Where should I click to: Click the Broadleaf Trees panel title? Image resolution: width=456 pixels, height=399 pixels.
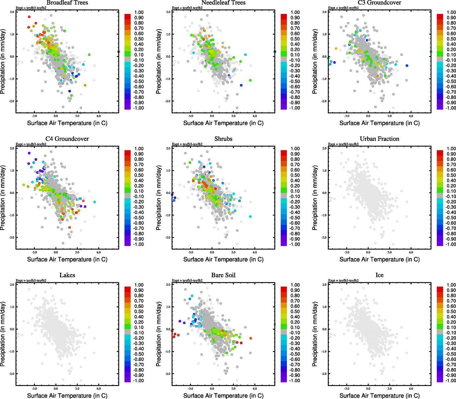coord(67,3)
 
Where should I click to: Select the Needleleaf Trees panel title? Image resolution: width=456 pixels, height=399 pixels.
coord(223,3)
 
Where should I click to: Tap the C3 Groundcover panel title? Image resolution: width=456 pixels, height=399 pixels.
coord(379,3)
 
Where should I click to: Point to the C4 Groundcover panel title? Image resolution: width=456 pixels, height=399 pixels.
coord(67,139)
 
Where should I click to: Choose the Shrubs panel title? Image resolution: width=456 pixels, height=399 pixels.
coord(223,139)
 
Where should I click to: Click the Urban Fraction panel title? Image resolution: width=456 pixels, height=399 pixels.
coord(379,139)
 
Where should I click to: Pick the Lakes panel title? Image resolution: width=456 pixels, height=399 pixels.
coord(67,275)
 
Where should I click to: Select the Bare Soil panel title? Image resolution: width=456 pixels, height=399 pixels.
coord(223,275)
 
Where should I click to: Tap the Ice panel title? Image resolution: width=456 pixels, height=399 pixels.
coord(379,275)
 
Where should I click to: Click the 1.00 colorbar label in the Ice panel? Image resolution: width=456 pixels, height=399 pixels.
coord(451,285)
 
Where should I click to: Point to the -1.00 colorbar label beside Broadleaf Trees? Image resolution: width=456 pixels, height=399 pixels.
coord(138,108)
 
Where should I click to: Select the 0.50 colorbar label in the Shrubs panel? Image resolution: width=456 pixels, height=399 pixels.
coord(295,175)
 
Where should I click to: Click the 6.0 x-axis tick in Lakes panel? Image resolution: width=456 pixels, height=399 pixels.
coord(99,388)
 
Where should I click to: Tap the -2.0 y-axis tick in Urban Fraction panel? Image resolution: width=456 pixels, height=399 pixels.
coord(324,237)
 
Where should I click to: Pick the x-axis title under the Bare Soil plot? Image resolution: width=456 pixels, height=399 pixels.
coord(223,396)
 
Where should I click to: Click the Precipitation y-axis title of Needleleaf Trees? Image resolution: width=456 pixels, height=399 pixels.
coord(158,61)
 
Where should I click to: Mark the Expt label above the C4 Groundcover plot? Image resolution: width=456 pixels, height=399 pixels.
coord(31,144)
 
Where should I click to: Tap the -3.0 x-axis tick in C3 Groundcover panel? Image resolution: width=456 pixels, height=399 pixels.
coord(347,116)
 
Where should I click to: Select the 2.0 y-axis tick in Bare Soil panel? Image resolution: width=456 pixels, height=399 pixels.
coord(168,285)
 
